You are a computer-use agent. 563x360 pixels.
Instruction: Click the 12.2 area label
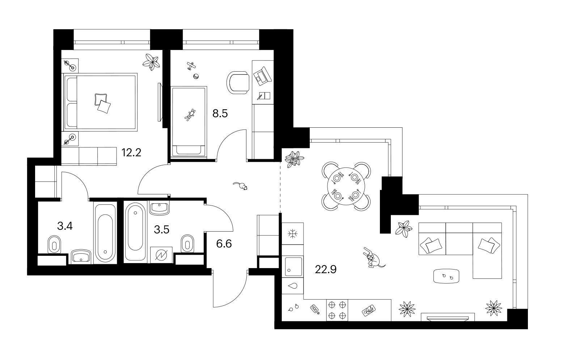131,153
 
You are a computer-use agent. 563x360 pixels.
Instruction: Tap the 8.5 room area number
220,114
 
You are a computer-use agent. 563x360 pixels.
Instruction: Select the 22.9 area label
326,270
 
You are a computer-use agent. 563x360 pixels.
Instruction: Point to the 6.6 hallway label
224,244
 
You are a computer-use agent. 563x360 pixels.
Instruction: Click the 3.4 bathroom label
65,226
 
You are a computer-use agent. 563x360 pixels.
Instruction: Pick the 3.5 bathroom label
162,230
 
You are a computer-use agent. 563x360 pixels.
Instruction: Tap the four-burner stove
337,310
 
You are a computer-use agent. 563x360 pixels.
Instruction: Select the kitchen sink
293,267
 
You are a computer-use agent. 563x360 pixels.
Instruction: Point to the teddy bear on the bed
190,115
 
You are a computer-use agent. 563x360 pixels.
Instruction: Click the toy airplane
191,66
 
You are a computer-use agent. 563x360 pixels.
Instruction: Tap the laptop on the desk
262,75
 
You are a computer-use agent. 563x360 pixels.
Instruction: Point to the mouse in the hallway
241,186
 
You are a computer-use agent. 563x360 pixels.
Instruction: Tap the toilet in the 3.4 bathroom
54,244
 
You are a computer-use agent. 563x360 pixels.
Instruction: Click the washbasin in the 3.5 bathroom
159,208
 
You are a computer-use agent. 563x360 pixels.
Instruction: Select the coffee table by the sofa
446,276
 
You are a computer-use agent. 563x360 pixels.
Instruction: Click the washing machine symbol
161,255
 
